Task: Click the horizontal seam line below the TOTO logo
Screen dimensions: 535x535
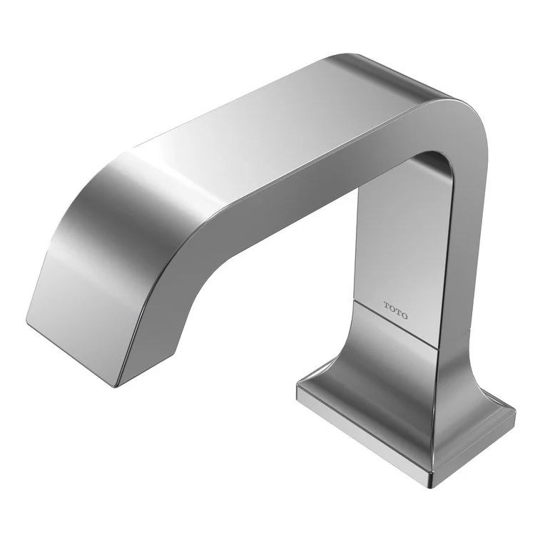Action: click(x=396, y=325)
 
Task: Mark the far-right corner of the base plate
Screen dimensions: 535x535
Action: click(x=515, y=411)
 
